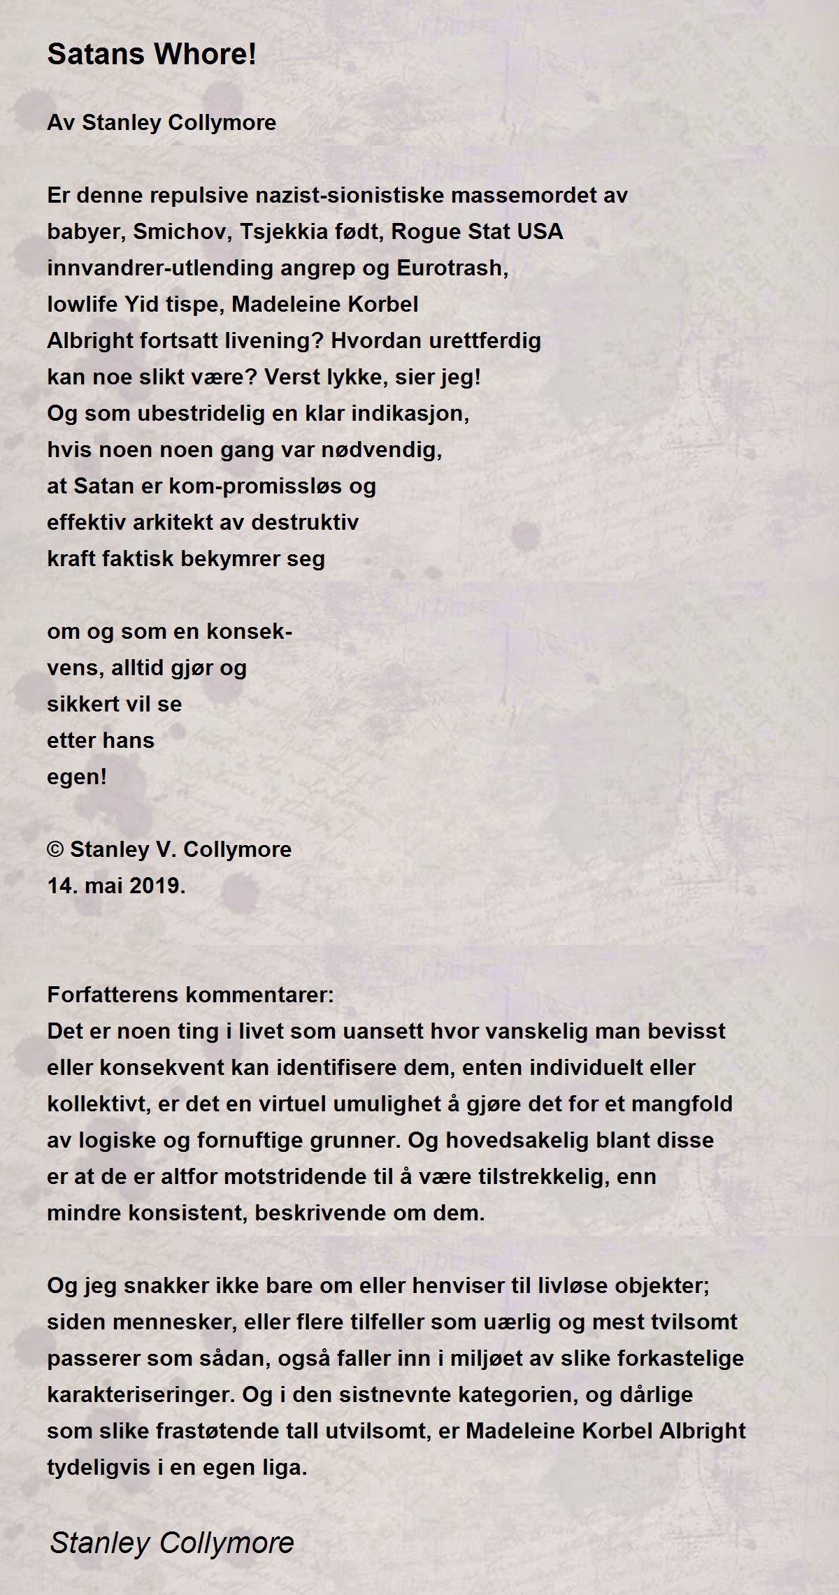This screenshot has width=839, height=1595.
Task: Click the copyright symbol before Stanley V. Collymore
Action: pos(55,850)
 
